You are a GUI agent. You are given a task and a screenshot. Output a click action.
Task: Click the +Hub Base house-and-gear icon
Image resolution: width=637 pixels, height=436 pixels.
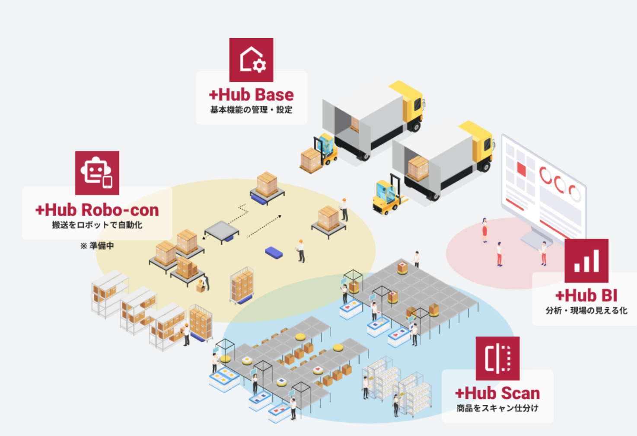pos(251,60)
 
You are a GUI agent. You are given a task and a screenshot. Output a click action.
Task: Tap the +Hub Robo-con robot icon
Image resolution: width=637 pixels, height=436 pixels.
pos(97,173)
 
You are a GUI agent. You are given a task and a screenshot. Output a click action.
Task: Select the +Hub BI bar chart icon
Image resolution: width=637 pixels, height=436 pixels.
pos(586,261)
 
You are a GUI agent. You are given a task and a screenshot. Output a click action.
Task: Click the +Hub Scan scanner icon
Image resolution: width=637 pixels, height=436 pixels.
pos(497,359)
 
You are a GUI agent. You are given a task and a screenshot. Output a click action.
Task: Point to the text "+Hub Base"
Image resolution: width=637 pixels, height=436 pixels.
pos(251,95)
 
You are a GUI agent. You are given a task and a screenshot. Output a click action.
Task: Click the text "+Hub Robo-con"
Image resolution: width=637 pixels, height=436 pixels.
pos(97,210)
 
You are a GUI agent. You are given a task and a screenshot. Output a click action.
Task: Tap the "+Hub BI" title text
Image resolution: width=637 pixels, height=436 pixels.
pos(586,296)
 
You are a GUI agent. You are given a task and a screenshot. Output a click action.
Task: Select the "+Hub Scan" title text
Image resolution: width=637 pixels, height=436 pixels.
pos(497,393)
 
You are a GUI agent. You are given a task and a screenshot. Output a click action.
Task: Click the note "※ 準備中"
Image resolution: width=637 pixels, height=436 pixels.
pos(97,246)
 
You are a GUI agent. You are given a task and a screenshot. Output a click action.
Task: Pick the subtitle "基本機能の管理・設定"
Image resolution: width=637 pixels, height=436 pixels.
pos(251,110)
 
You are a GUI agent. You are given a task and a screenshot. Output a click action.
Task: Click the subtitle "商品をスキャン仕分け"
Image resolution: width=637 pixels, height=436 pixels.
pos(497,408)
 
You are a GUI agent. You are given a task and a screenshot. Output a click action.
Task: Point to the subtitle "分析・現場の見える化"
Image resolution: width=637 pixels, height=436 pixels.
pos(586,311)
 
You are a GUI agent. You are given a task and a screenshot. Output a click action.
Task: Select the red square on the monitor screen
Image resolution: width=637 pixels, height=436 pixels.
pos(521,169)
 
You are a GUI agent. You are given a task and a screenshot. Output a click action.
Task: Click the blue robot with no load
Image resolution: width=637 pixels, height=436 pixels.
pos(274,253)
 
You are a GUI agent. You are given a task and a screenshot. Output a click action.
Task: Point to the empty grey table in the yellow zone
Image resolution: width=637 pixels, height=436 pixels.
pos(221,229)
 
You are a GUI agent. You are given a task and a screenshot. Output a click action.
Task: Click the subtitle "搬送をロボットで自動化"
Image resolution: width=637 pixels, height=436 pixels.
pos(97,225)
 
